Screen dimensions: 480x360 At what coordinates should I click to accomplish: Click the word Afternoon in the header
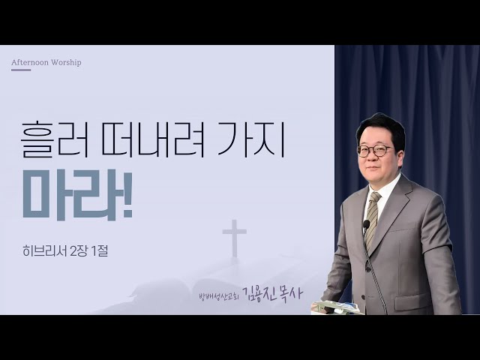coord(30,62)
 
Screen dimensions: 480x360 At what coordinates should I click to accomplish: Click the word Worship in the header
coord(66,62)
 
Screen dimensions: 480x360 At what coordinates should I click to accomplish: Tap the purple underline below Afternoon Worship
coord(21,70)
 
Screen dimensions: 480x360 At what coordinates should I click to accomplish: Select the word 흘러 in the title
coord(55,139)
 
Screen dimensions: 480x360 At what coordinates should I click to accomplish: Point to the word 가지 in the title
coord(251,139)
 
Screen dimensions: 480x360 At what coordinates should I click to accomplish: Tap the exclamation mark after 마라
coord(127,195)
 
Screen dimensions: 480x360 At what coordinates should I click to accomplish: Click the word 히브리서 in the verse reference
coord(44,251)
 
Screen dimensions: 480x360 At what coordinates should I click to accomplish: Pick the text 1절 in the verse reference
coord(100,251)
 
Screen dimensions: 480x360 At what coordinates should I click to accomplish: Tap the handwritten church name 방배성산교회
coord(219,295)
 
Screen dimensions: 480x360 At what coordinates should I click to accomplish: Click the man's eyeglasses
coord(375,150)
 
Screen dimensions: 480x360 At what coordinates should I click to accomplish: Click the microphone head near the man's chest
coord(366,224)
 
